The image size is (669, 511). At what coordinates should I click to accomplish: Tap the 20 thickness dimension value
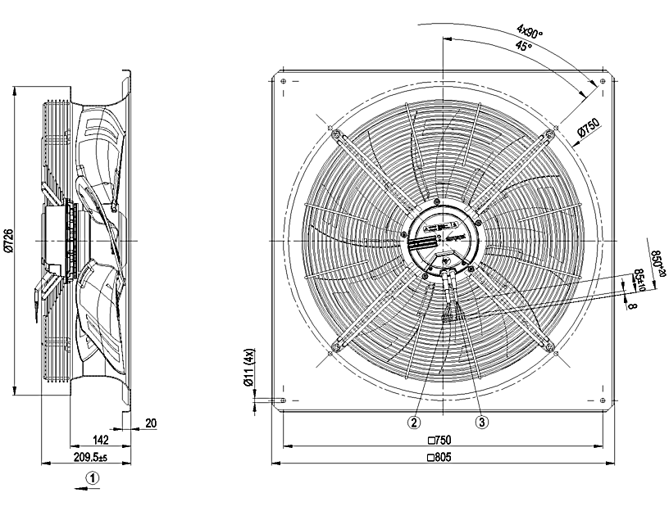coord(151,423)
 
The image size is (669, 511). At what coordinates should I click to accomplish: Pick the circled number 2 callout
coord(416,423)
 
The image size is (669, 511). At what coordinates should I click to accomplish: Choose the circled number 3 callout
coord(482,423)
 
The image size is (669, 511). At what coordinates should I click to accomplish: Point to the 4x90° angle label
coord(530,32)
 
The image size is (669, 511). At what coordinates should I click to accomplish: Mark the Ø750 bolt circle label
coord(589,130)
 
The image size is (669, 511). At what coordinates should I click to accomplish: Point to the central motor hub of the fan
coord(443,238)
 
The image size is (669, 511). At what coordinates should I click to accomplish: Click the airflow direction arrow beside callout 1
coord(88,490)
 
